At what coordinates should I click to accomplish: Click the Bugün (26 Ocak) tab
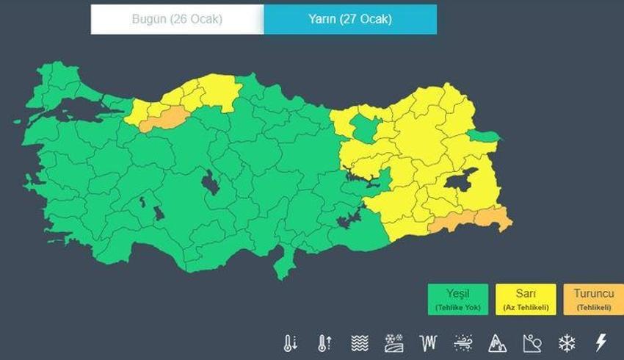pyautogui.click(x=177, y=20)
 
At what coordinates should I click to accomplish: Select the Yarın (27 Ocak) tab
pyautogui.click(x=350, y=20)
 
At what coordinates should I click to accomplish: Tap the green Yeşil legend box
pyautogui.click(x=457, y=299)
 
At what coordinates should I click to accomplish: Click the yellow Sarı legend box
pyautogui.click(x=525, y=299)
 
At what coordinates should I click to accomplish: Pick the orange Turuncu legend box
pyautogui.click(x=593, y=299)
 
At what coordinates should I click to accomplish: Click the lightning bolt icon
pyautogui.click(x=601, y=342)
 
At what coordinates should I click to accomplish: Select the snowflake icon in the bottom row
pyautogui.click(x=567, y=342)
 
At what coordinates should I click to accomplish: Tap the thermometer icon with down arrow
pyautogui.click(x=291, y=342)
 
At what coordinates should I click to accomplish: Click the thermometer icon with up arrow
pyautogui.click(x=324, y=342)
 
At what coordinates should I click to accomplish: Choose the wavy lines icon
pyautogui.click(x=359, y=342)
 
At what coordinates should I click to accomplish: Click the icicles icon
pyautogui.click(x=428, y=342)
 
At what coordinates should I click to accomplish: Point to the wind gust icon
pyautogui.click(x=463, y=342)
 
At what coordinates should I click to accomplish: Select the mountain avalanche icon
pyautogui.click(x=498, y=342)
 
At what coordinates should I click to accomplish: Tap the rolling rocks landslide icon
pyautogui.click(x=532, y=342)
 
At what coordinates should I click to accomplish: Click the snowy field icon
pyautogui.click(x=393, y=342)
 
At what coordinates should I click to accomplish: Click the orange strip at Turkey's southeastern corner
pyautogui.click(x=470, y=220)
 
